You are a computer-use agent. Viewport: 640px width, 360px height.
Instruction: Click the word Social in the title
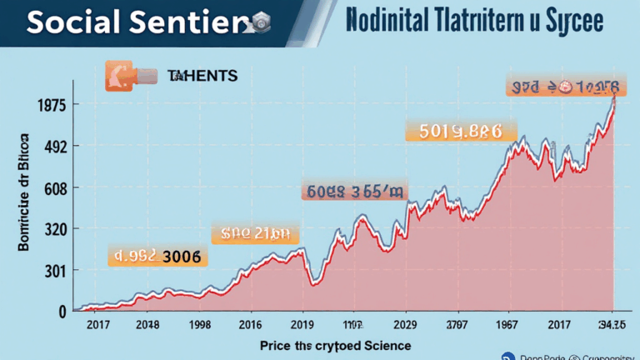pos(69,24)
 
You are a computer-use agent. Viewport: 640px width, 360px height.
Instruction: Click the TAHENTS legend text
pos(202,76)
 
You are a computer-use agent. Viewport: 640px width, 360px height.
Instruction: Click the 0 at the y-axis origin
pos(38,312)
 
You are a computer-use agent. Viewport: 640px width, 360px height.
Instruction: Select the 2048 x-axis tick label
pos(147,326)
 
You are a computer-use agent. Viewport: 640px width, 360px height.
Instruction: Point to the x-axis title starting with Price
pos(335,345)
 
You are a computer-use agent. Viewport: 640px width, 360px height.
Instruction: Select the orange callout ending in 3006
pos(156,257)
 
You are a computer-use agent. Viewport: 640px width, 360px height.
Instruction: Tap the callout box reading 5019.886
pos(460,130)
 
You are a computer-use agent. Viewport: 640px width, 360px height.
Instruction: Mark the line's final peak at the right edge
pos(614,97)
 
